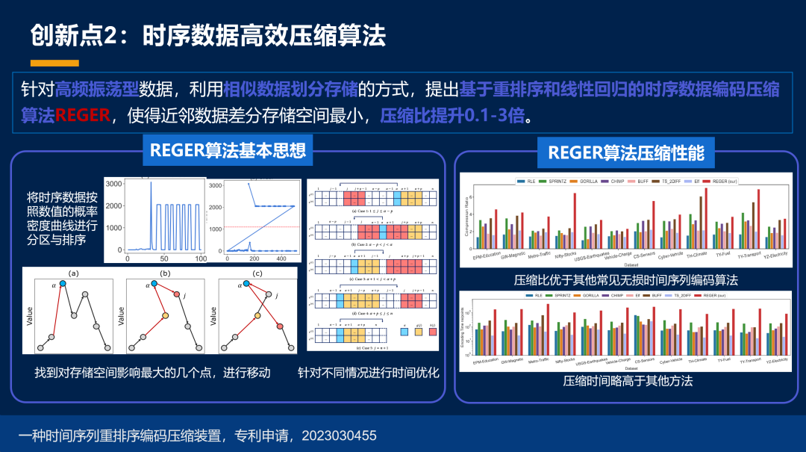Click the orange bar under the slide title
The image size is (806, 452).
[54, 63]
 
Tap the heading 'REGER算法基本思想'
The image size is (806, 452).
[228, 150]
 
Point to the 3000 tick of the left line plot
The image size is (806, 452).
[113, 183]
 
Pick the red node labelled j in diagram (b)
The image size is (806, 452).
[178, 294]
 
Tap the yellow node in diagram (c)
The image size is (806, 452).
[257, 316]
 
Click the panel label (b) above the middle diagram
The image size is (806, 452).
[165, 273]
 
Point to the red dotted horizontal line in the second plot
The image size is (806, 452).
[261, 226]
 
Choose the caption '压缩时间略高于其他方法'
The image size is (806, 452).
[628, 381]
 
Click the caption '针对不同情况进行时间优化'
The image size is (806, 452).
[369, 372]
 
